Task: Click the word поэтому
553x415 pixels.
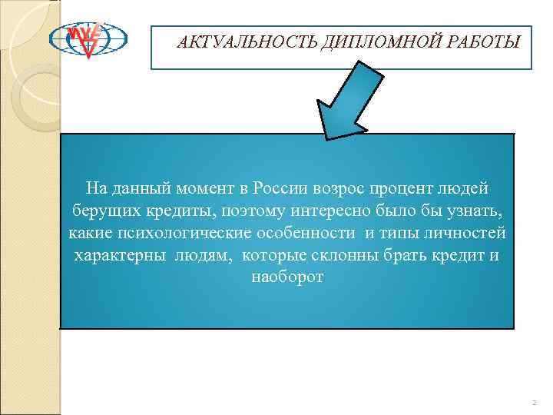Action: [240, 211]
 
